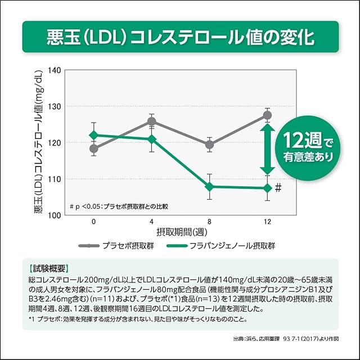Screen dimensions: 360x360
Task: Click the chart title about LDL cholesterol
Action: click(x=180, y=37)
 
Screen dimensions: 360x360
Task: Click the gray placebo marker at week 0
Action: click(x=94, y=149)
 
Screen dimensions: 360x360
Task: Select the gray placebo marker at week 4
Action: click(x=152, y=121)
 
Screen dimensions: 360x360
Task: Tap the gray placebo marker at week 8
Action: click(x=209, y=145)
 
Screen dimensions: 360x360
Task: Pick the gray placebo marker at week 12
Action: click(x=267, y=115)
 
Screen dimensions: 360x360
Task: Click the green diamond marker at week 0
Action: click(x=94, y=135)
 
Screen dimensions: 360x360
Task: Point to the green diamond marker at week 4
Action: click(x=152, y=139)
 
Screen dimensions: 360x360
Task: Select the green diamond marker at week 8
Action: click(x=209, y=187)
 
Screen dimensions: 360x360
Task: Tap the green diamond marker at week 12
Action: click(x=267, y=188)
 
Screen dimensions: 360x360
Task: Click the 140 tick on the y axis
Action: click(x=55, y=70)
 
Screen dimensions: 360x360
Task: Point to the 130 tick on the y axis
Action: click(x=55, y=106)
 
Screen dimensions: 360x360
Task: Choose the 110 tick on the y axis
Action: click(x=55, y=179)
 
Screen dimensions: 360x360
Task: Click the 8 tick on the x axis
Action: click(x=209, y=222)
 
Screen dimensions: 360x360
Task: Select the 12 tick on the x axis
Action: click(x=267, y=222)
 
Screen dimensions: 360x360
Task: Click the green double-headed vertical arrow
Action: click(x=267, y=149)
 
